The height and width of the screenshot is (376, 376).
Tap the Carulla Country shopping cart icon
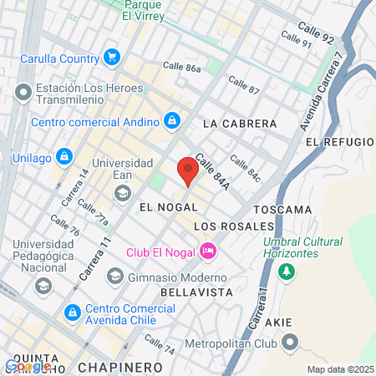pos(111,57)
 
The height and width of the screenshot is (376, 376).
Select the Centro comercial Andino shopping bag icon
pos(171,122)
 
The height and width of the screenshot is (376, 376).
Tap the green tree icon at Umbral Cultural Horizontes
pos(287,272)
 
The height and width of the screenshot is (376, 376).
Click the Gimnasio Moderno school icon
pos(114,277)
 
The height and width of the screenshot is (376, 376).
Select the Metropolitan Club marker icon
pos(290,341)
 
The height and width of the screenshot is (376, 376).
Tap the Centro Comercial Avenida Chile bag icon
pos(73,312)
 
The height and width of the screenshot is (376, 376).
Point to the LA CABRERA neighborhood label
pos(240,123)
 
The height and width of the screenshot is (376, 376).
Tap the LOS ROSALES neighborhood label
pos(234,226)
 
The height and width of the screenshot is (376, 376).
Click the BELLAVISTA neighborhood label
pos(195,292)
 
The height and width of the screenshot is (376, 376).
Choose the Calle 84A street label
pos(211,171)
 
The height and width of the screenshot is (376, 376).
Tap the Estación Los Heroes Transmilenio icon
pos(23,91)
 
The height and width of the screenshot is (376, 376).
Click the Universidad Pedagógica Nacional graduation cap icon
pos(43,286)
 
